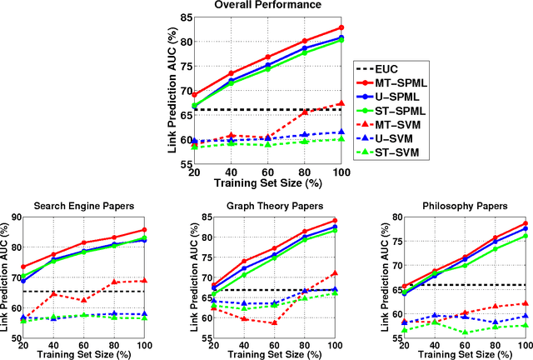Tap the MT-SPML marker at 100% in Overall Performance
pyautogui.click(x=341, y=27)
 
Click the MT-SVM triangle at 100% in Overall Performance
pyautogui.click(x=341, y=104)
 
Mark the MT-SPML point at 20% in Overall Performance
pyautogui.click(x=195, y=95)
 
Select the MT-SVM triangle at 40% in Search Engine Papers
pyautogui.click(x=53, y=293)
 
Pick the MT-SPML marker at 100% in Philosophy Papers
pyautogui.click(x=526, y=223)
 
